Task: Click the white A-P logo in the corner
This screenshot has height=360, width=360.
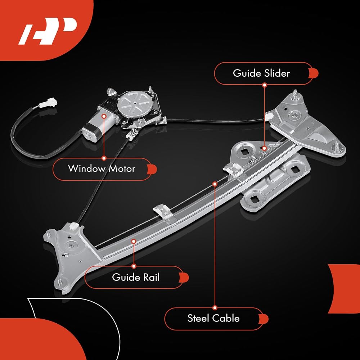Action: point(47,31)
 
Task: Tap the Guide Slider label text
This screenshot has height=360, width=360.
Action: point(261,73)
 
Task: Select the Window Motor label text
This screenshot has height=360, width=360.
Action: point(102,169)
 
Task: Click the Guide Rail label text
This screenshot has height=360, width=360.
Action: point(136,277)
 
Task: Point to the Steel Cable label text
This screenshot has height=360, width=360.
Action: point(213,318)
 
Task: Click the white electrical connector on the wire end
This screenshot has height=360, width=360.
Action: point(47,103)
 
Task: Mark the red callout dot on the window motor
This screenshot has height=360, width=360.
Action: point(104,116)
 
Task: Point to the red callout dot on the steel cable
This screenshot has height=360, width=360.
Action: point(215,184)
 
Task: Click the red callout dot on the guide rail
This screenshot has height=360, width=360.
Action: point(134,241)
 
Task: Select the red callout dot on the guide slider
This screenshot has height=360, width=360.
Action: point(264,148)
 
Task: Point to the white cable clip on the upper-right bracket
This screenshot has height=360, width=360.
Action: point(268,117)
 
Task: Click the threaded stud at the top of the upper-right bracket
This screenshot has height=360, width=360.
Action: point(295,94)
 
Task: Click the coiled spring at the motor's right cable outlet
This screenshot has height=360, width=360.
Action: point(161,120)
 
